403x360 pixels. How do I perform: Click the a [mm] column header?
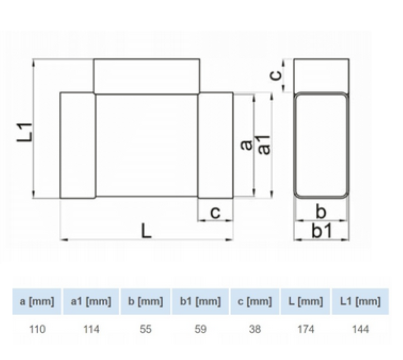point(37,302)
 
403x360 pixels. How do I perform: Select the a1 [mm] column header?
point(91,302)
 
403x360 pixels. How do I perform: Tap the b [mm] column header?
point(146,302)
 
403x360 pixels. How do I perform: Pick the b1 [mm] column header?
point(200,302)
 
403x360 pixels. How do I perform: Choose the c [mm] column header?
point(255,302)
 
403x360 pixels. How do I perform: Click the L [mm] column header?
point(306,302)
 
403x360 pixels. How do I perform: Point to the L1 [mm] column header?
point(360,302)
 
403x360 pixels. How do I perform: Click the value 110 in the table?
point(37,329)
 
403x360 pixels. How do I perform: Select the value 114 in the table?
point(91,329)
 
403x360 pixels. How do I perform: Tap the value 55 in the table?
point(146,329)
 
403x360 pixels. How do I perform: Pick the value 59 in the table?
point(200,329)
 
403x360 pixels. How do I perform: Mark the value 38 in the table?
point(255,329)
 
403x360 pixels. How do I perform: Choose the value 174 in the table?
point(306,329)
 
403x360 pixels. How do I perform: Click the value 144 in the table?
point(360,329)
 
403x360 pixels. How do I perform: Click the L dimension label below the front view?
point(146,231)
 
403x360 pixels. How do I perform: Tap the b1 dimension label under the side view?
point(322,231)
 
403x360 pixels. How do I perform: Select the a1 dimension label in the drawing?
point(264,145)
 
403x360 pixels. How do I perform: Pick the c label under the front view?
point(215,212)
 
